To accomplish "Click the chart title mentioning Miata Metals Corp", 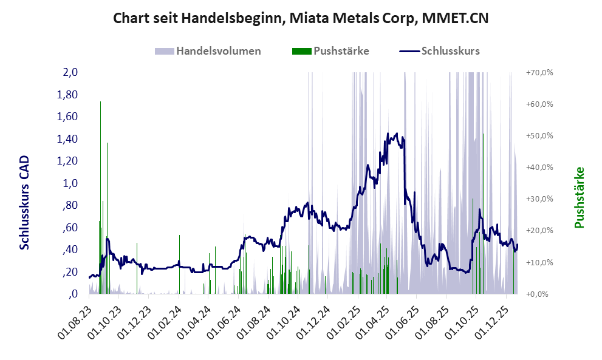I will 301,19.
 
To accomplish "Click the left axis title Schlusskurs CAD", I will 25,202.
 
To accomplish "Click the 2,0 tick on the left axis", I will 70,72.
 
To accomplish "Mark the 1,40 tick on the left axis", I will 67,139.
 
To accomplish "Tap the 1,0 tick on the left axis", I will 70,183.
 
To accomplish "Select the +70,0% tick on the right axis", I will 539,72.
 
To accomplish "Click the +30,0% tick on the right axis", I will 539,199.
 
